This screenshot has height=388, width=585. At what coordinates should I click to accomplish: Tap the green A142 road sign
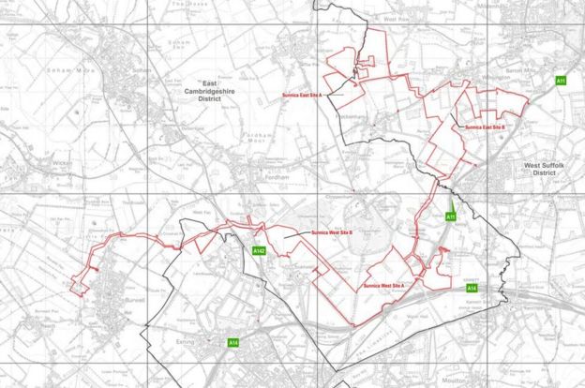click(261, 250)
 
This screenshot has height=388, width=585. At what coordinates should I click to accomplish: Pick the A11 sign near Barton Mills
click(561, 82)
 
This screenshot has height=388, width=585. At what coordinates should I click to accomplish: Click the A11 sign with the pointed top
click(450, 216)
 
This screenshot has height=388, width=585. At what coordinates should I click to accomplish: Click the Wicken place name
click(37, 162)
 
